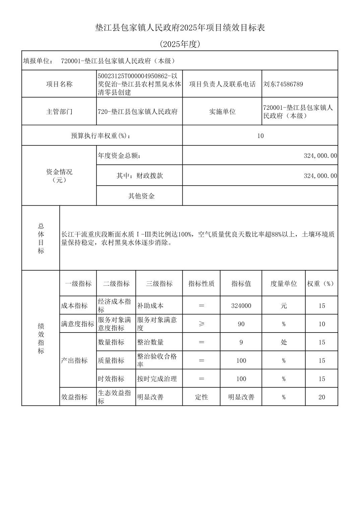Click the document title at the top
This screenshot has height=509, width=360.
(180, 28)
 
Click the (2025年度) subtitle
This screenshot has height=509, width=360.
(180, 44)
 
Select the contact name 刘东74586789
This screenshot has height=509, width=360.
(283, 84)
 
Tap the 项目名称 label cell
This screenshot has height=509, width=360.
(59, 84)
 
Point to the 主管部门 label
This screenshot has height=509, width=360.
(59, 112)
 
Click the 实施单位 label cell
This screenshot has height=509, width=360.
(222, 112)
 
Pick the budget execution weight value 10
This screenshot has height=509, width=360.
(260, 136)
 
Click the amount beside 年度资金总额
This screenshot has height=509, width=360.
(320, 156)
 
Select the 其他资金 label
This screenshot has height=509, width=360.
(141, 196)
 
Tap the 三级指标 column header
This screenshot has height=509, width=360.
(159, 284)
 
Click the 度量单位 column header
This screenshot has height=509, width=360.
(284, 284)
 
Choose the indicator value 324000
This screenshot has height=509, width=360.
(241, 306)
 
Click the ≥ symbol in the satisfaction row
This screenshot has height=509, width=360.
(201, 324)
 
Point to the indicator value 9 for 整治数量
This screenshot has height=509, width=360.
(241, 342)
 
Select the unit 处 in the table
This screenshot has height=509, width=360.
(284, 342)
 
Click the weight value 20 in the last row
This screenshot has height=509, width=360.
(322, 397)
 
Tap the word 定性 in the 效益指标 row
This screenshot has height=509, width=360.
(201, 397)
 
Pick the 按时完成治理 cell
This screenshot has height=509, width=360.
(157, 379)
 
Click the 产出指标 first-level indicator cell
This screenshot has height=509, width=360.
(74, 360)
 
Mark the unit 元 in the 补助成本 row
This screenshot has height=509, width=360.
(284, 306)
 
